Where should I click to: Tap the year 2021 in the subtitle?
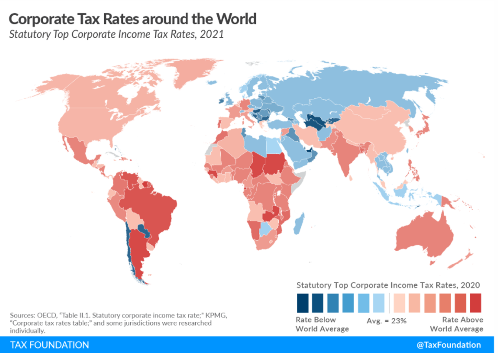211,35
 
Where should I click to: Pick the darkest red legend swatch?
476,302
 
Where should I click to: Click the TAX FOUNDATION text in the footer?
50,345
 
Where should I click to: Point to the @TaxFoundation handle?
448,345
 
